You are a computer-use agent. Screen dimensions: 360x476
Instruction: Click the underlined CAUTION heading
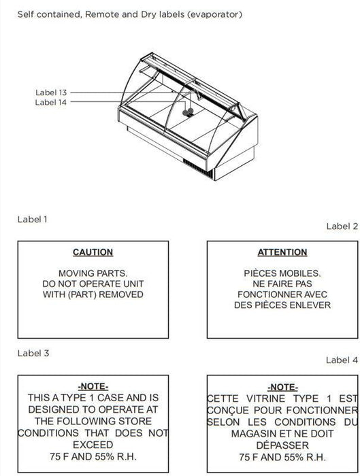(93, 252)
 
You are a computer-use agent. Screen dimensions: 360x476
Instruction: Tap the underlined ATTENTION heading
(282, 252)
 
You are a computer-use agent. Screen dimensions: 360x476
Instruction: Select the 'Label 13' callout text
(51, 92)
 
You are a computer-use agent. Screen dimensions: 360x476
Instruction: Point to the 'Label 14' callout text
(51, 102)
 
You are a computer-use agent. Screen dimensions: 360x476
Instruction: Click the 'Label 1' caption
(33, 219)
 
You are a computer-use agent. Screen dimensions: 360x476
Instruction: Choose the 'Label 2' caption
(342, 226)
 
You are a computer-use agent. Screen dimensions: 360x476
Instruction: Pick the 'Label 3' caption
(33, 353)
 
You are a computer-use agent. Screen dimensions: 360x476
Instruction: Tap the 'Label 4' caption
(342, 360)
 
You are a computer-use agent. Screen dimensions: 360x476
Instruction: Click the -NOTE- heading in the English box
(93, 386)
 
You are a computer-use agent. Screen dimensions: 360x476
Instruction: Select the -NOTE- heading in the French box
(282, 387)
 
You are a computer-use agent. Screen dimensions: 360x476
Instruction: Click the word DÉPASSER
(282, 445)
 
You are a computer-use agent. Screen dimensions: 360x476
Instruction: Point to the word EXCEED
(93, 445)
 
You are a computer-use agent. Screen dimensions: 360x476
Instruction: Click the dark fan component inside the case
(188, 112)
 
